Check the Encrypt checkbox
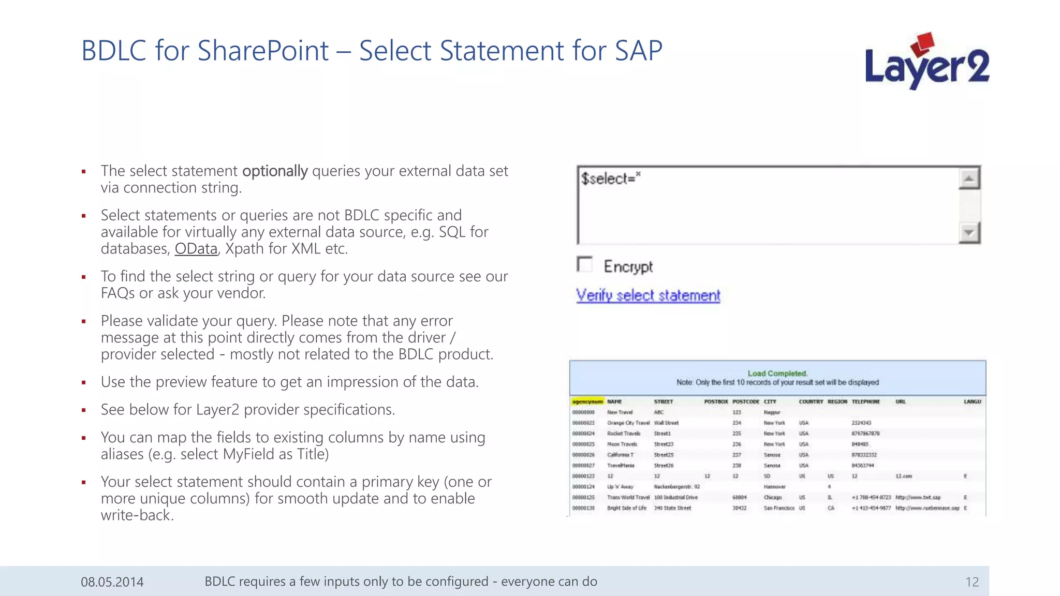[x=584, y=264]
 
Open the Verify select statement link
[x=648, y=295]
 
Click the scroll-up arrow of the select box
[x=969, y=179]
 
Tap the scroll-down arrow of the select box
[x=969, y=232]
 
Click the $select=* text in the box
[x=610, y=178]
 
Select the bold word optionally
[x=275, y=171]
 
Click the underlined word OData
[x=196, y=249]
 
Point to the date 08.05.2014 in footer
[x=112, y=582]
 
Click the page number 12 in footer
[x=971, y=582]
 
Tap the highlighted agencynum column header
[x=587, y=401]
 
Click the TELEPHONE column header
[x=865, y=401]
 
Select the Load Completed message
[x=777, y=374]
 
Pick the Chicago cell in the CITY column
[x=772, y=498]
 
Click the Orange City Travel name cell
[x=628, y=423]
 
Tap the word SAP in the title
[x=638, y=51]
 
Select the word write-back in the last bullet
[x=136, y=515]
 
